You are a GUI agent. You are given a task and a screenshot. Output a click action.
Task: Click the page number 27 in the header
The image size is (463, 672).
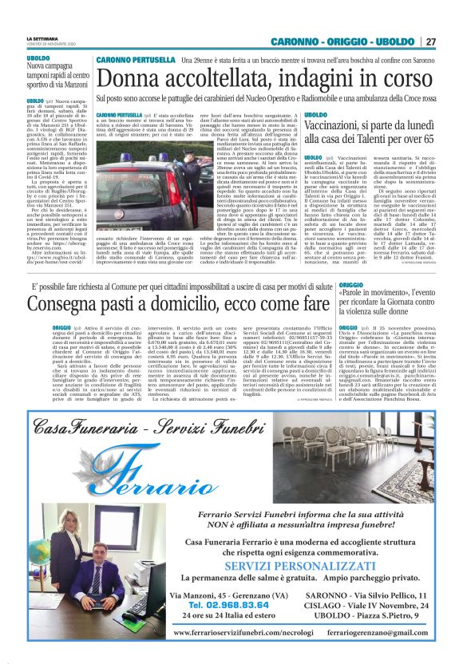click(430, 42)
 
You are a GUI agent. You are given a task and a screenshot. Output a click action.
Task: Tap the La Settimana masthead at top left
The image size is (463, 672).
click(41, 38)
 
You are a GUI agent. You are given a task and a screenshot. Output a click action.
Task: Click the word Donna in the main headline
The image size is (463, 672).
click(133, 78)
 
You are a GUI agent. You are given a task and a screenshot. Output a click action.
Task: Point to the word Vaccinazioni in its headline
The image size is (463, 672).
click(341, 126)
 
